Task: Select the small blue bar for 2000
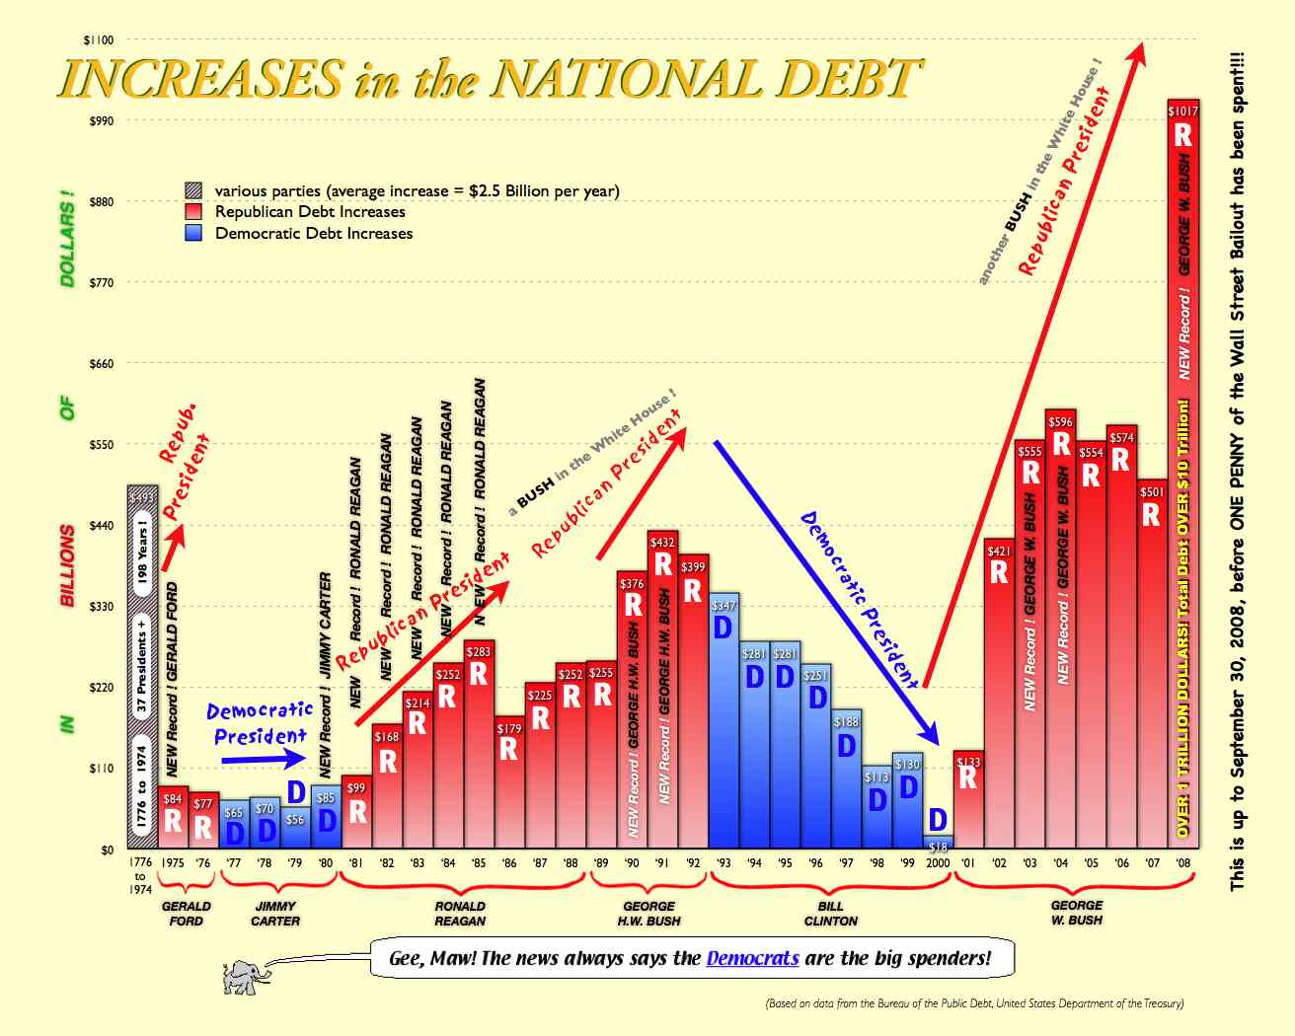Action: point(938,843)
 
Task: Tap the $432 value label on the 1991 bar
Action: point(662,542)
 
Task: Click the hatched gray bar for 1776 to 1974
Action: point(141,671)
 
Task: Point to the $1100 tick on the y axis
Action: point(99,40)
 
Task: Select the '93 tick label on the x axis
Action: point(724,863)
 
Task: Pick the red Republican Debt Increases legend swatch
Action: point(194,212)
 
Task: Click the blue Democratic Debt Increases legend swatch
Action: point(194,234)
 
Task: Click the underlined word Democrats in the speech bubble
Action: point(752,958)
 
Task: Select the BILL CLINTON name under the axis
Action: point(831,914)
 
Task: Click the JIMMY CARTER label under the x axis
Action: point(275,914)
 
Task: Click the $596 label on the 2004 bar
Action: point(1060,421)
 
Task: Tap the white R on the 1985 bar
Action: point(478,673)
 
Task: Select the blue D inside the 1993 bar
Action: point(723,628)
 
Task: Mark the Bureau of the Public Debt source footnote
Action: point(974,1003)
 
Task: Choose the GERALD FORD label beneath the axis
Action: point(186,914)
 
